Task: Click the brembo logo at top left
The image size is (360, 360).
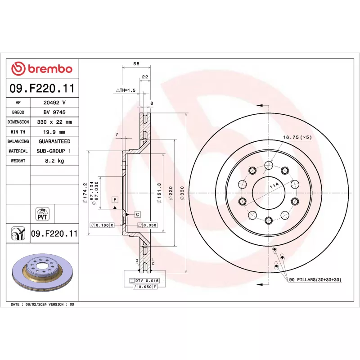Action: (42, 69)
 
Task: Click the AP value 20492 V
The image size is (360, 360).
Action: (54, 103)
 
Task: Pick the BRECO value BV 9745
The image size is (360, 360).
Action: (54, 112)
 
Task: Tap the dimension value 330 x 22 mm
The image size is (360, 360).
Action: (54, 122)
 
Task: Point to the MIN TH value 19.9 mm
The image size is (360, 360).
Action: (54, 132)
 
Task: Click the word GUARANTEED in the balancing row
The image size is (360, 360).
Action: (54, 141)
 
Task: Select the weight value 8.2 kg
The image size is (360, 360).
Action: (54, 161)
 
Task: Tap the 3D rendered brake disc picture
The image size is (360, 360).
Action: (42, 274)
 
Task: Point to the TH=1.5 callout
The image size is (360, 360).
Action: (126, 90)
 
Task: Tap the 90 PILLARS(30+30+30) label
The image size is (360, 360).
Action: (315, 280)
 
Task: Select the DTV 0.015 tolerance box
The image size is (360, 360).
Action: (144, 280)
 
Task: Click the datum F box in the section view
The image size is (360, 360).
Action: (115, 199)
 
